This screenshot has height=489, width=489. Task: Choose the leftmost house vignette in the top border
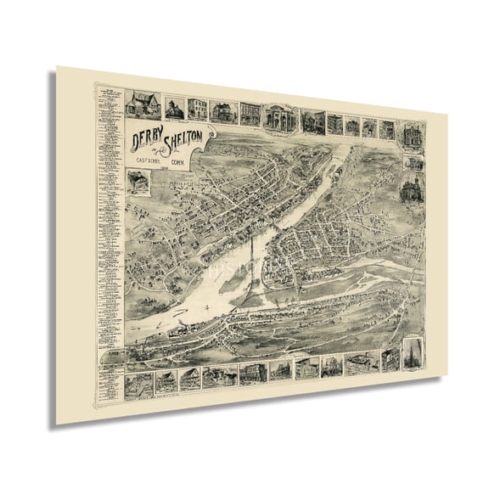(136, 104)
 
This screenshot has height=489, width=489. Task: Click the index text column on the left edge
(109, 221)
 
